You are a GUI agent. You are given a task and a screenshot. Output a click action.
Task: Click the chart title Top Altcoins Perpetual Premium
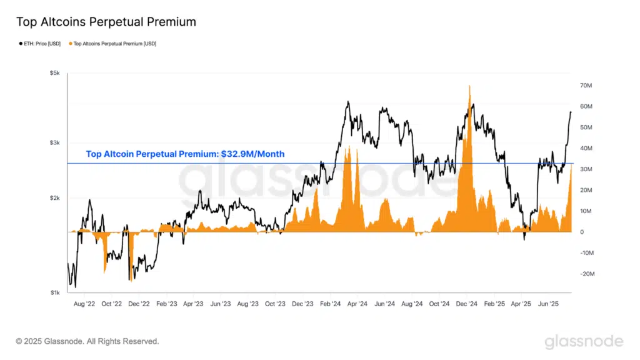click(106, 22)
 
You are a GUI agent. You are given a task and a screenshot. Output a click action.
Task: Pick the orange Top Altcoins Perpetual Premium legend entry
click(114, 44)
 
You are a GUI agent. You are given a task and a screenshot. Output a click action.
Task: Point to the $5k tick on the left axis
click(54, 74)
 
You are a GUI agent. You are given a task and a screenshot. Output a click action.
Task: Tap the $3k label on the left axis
click(54, 143)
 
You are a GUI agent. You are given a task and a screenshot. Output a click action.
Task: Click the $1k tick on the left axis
click(54, 292)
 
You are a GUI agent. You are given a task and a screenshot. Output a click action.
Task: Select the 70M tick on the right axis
click(586, 85)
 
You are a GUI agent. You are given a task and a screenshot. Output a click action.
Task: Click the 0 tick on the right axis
click(582, 232)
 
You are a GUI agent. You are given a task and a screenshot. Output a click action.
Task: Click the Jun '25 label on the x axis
click(549, 304)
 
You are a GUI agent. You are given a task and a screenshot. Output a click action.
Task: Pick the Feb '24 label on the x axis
click(330, 304)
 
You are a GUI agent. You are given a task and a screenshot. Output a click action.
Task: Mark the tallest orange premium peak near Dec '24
click(469, 87)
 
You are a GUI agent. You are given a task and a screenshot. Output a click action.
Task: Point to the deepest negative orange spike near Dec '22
click(131, 279)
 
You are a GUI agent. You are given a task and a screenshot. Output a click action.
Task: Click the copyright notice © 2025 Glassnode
click(87, 341)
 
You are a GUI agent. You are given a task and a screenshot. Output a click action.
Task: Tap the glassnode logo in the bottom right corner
click(583, 341)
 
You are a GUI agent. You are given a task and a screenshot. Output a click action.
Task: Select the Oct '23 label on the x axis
click(275, 304)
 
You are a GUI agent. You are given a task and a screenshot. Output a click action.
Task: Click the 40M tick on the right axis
click(586, 148)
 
